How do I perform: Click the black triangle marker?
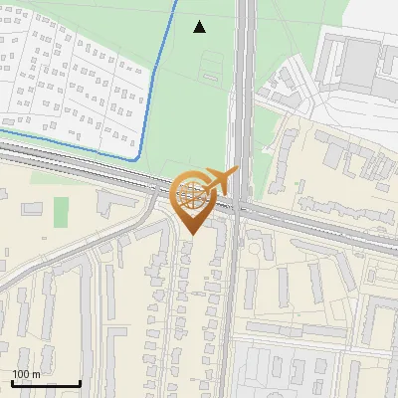200,26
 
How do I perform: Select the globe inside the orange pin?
192,192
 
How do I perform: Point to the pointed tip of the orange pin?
192,234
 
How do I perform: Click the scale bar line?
46,383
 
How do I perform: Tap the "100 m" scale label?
26,374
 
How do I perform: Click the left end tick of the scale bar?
13,382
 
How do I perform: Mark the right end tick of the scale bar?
80,382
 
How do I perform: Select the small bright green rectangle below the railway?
62,211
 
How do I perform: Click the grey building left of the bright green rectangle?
33,208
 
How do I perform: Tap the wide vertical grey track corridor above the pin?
245,80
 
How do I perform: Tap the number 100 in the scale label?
21,374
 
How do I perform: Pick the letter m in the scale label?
36,375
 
